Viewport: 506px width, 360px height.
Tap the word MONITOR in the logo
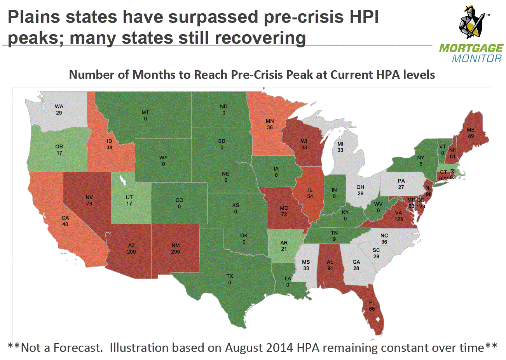coord(477,59)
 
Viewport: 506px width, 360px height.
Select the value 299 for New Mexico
coord(176,252)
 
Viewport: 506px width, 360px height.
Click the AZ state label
coord(131,245)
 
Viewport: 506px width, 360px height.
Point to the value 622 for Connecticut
coord(443,179)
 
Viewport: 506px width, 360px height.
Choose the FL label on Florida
coord(372,303)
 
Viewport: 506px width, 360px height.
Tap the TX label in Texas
coord(230,276)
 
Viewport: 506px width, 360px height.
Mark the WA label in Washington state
coord(59,106)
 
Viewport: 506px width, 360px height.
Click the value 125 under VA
coord(399,219)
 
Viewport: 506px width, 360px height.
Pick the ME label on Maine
coord(471,130)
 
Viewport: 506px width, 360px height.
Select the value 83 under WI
coord(304,148)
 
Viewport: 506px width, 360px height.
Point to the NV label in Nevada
coord(89,198)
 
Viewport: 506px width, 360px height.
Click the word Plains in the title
coord(34,17)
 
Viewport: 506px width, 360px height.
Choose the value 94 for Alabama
coord(330,268)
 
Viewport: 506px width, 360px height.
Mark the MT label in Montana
coord(145,112)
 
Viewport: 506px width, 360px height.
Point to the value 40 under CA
coord(65,224)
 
